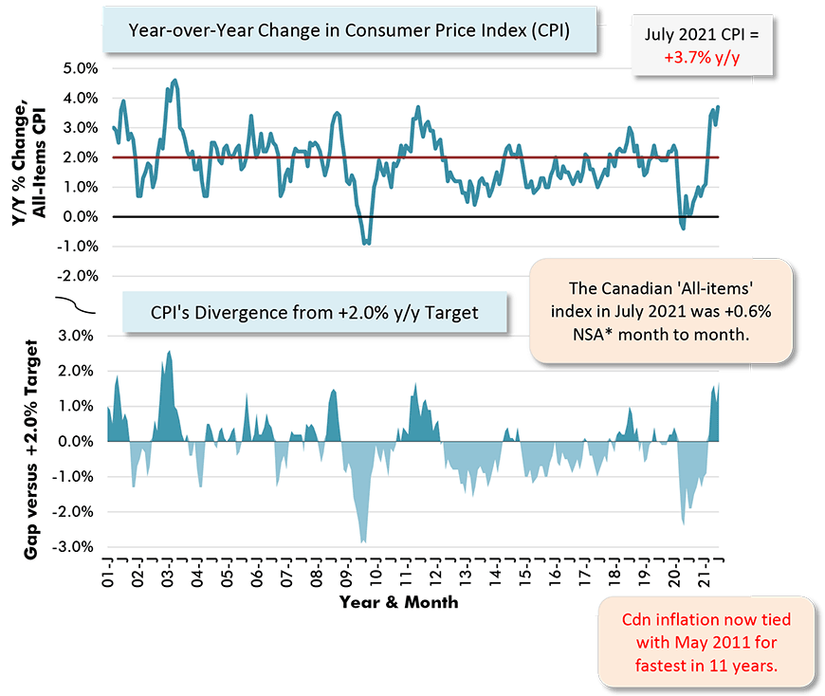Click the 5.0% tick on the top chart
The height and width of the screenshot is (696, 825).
click(80, 68)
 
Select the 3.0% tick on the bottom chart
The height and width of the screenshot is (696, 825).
click(80, 335)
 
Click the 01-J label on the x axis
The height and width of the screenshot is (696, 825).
click(109, 573)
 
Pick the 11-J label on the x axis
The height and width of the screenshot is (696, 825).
click(404, 573)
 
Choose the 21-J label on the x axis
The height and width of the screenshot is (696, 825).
click(702, 573)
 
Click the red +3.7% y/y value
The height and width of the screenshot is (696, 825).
click(702, 57)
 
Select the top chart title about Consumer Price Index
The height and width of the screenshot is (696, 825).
click(349, 31)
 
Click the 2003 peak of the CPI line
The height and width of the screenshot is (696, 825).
click(174, 81)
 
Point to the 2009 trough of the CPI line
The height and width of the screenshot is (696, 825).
click(366, 244)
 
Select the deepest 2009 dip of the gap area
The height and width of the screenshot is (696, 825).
click(362, 541)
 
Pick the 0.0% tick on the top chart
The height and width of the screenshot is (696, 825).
click(80, 216)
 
